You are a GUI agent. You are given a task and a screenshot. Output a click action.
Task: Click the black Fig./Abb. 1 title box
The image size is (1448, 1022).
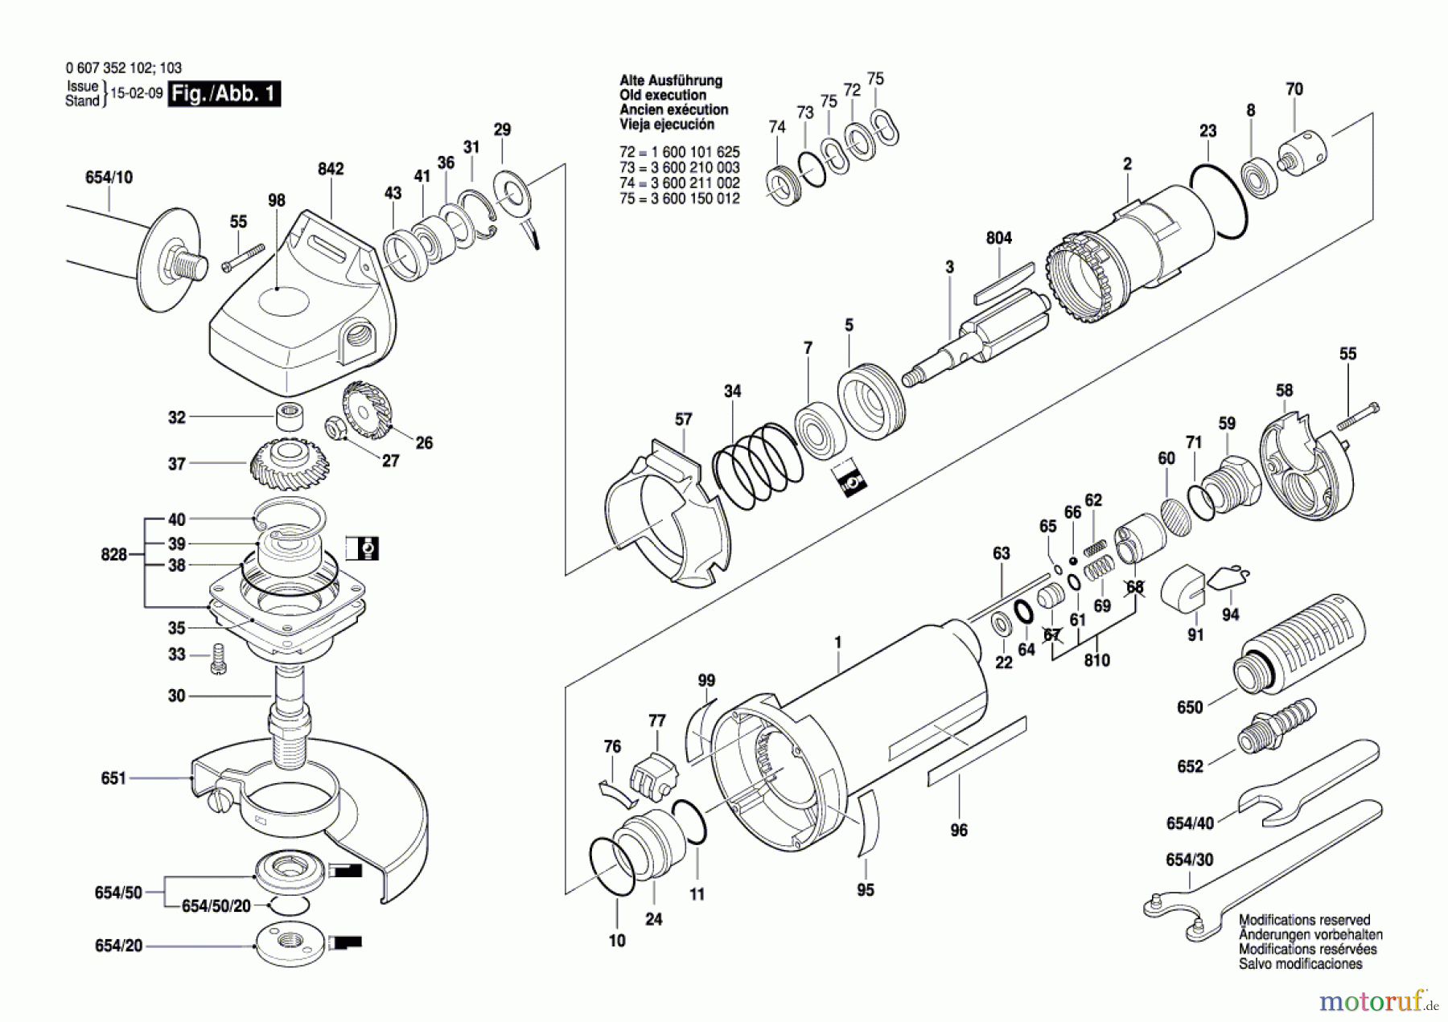[x=224, y=94]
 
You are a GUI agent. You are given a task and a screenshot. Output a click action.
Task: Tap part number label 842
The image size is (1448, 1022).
[x=331, y=169]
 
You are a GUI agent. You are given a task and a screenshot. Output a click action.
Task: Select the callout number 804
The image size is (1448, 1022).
[x=999, y=238]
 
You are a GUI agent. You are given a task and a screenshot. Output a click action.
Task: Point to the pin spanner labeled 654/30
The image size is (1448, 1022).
[x=1263, y=872]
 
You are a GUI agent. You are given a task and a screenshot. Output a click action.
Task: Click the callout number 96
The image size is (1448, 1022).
[x=959, y=830]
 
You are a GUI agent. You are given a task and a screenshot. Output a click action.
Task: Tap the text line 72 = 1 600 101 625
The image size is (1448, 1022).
[x=680, y=152]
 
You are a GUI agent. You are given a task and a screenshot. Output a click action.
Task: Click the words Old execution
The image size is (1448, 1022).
[x=664, y=95]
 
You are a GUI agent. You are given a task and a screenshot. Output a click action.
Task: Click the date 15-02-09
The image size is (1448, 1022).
[x=137, y=93]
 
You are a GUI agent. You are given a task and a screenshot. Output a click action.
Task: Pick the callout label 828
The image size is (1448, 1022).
[x=114, y=555]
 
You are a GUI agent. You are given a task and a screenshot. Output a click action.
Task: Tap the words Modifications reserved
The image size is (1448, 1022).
[x=1304, y=920]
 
